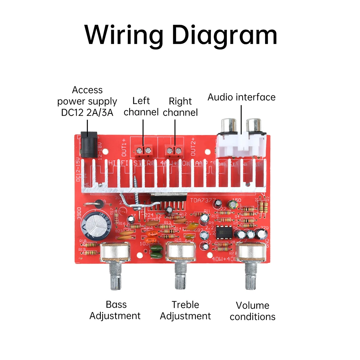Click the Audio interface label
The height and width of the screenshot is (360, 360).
[x=241, y=97]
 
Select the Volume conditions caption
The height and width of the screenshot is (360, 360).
[x=252, y=311]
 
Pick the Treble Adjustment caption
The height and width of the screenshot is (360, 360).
[x=185, y=310]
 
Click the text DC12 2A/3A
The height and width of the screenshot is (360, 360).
[x=87, y=113]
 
